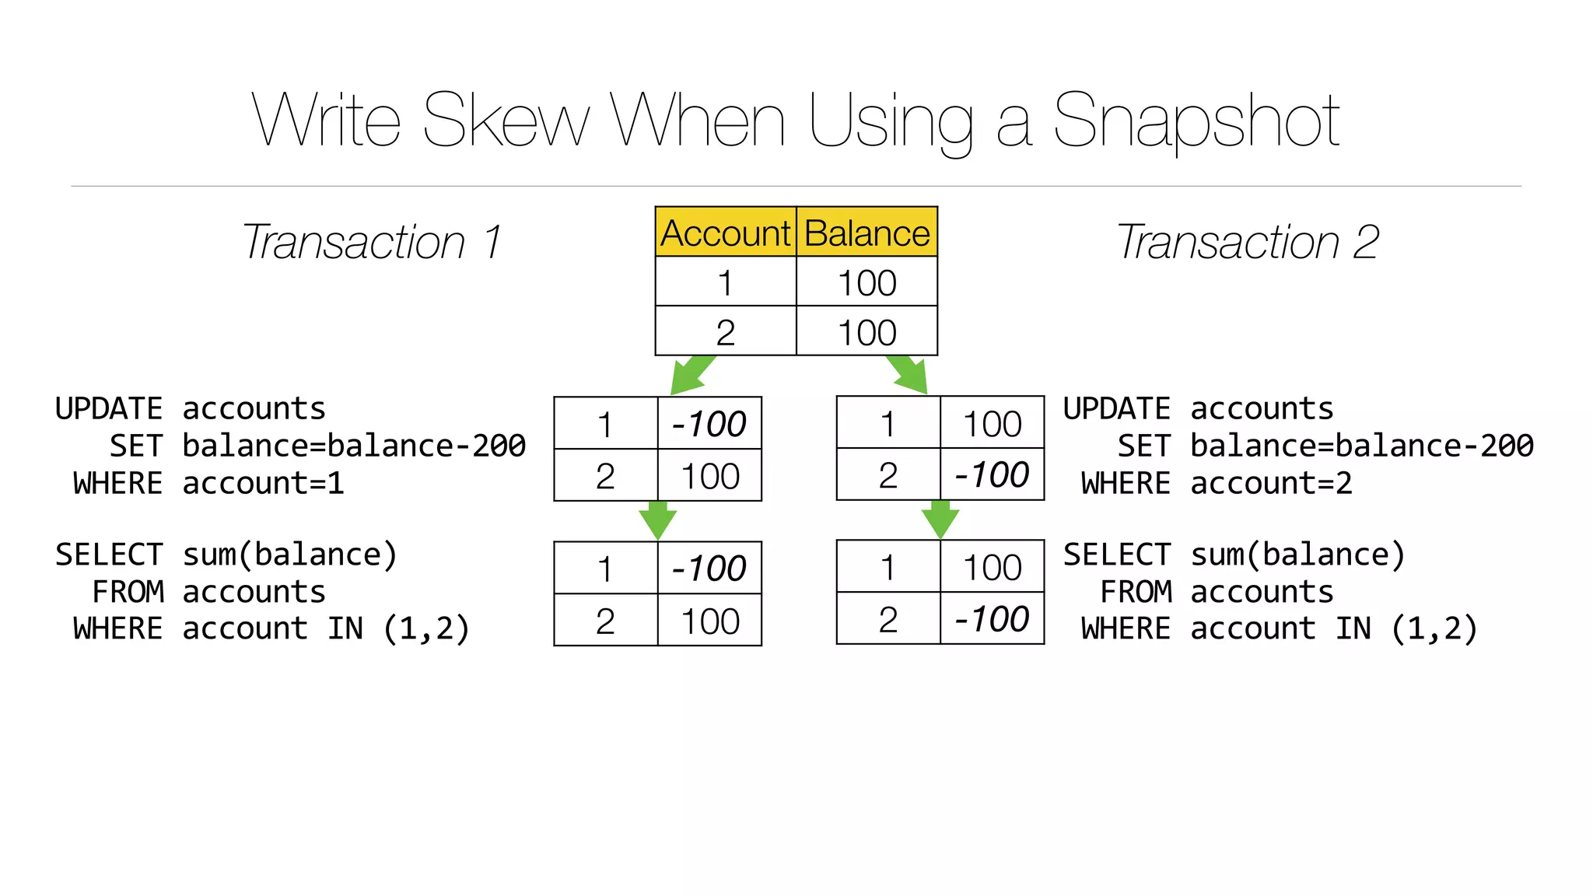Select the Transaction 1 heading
(x=372, y=242)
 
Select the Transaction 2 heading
(x=1248, y=242)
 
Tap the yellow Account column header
(x=725, y=233)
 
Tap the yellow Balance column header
(x=867, y=233)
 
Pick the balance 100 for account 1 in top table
(x=867, y=283)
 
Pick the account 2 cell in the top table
(x=725, y=333)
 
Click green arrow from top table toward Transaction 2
(x=909, y=375)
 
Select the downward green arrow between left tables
(x=657, y=521)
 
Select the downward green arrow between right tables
(x=940, y=520)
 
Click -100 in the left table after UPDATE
(x=709, y=424)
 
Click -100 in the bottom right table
(x=992, y=619)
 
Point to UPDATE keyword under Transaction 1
(x=108, y=409)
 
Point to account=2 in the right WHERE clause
(x=1271, y=484)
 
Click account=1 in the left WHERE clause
(x=263, y=484)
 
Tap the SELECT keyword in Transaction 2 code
(x=1117, y=555)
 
